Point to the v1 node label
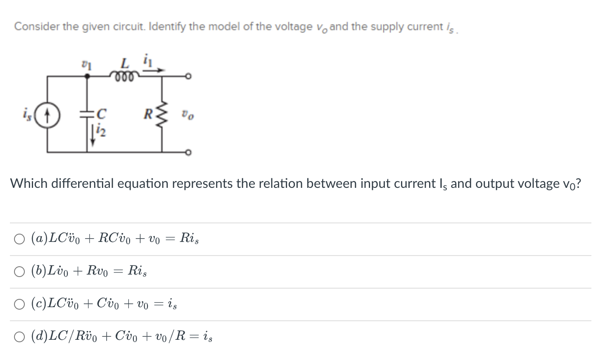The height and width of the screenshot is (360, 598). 87,64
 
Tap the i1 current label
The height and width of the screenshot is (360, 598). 147,62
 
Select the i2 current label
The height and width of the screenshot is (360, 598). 101,131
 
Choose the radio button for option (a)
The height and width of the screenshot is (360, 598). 19,239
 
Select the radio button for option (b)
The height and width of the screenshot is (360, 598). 19,272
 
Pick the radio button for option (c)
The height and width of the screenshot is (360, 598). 19,304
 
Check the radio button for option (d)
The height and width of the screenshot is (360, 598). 19,337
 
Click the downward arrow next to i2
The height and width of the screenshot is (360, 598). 93,136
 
